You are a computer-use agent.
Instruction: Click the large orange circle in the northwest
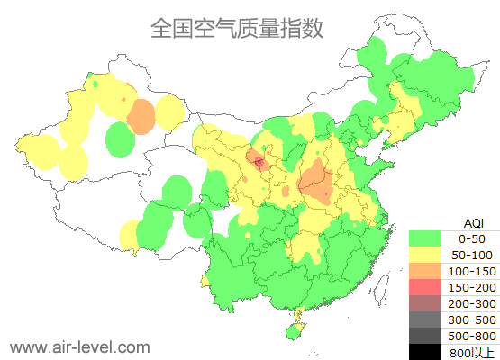click(x=141, y=116)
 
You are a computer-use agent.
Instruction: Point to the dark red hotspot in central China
click(x=259, y=163)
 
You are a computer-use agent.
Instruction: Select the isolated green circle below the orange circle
click(x=120, y=139)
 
